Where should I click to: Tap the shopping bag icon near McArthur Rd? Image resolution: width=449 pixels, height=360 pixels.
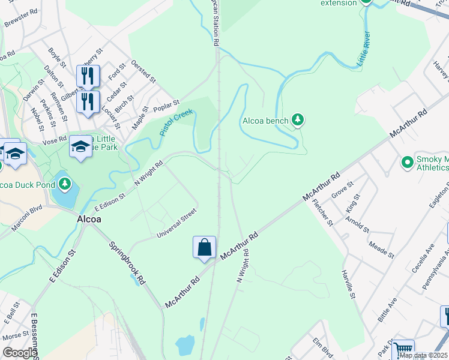tap(204, 247)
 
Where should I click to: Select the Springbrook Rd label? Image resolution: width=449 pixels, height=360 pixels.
tap(127, 263)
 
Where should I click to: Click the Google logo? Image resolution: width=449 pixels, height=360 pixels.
tap(20, 353)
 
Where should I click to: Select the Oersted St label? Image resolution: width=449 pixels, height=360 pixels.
tap(145, 71)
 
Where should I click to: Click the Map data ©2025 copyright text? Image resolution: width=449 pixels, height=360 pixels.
tap(424, 355)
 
